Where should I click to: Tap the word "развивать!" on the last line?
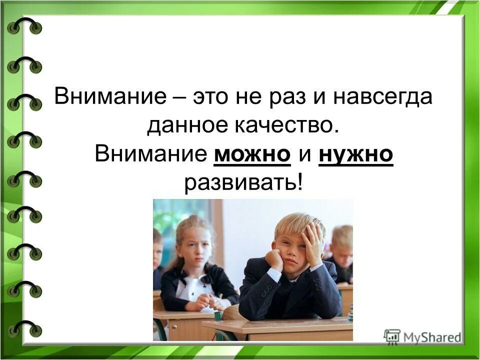[243, 183]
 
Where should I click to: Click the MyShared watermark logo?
[422, 336]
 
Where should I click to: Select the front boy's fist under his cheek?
[274, 259]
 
